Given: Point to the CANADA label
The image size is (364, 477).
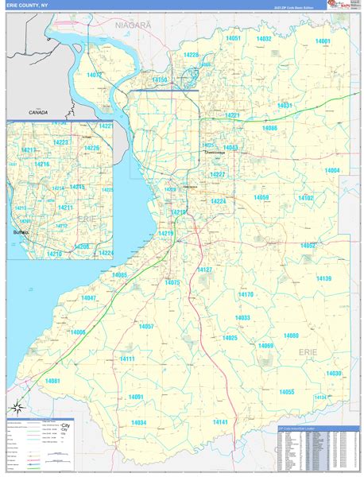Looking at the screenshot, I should (x=37, y=113).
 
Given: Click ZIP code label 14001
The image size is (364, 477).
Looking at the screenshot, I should (x=322, y=41).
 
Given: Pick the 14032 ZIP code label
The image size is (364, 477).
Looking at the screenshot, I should (x=264, y=38).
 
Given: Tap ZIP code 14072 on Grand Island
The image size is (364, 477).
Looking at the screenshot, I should (x=95, y=75).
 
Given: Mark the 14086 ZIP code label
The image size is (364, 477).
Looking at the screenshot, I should (x=269, y=128).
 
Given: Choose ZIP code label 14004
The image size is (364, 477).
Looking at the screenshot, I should (x=331, y=171).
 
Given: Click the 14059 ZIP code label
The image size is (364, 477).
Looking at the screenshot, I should (x=261, y=196).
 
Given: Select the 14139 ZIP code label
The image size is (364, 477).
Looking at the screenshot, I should (x=323, y=278).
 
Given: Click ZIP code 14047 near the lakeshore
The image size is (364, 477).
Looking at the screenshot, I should (x=88, y=297).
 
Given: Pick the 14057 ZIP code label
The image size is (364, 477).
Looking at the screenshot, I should (x=146, y=327).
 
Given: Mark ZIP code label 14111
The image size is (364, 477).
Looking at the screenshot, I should (x=126, y=359).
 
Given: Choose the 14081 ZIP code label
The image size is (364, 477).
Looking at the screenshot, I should (x=52, y=381).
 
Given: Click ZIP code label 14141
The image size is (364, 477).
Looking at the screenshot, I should (x=220, y=421).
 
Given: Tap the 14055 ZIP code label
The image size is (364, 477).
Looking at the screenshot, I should (x=286, y=391).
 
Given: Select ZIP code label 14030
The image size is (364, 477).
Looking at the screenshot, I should (x=334, y=373).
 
